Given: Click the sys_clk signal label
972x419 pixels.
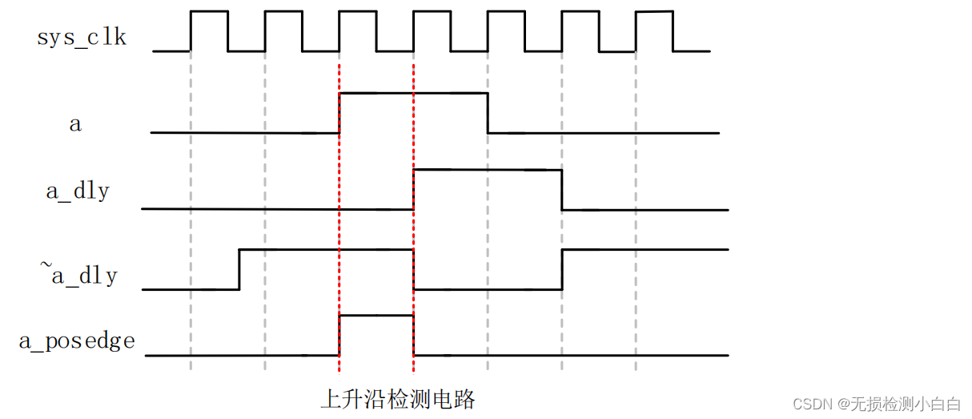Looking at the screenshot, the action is click(82, 37).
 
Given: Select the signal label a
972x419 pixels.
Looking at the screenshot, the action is click(75, 124).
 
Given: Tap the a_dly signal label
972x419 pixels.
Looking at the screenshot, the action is click(77, 192).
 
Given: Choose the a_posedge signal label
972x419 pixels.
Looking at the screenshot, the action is click(77, 341).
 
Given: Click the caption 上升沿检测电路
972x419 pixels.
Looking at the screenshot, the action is click(397, 399).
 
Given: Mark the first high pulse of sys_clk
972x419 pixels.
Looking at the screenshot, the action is click(209, 12).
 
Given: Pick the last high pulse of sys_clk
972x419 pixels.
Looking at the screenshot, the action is click(654, 12).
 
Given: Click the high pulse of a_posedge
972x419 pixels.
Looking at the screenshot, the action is click(376, 316).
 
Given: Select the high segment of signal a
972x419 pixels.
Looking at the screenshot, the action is click(413, 94).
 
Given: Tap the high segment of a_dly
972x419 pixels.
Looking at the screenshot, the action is click(487, 170).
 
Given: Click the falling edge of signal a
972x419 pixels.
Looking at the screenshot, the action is click(488, 113).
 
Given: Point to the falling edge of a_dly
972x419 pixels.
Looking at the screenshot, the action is click(562, 190).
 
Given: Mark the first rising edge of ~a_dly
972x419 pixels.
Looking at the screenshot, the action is click(239, 269).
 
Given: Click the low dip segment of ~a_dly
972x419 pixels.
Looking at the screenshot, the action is click(487, 288).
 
